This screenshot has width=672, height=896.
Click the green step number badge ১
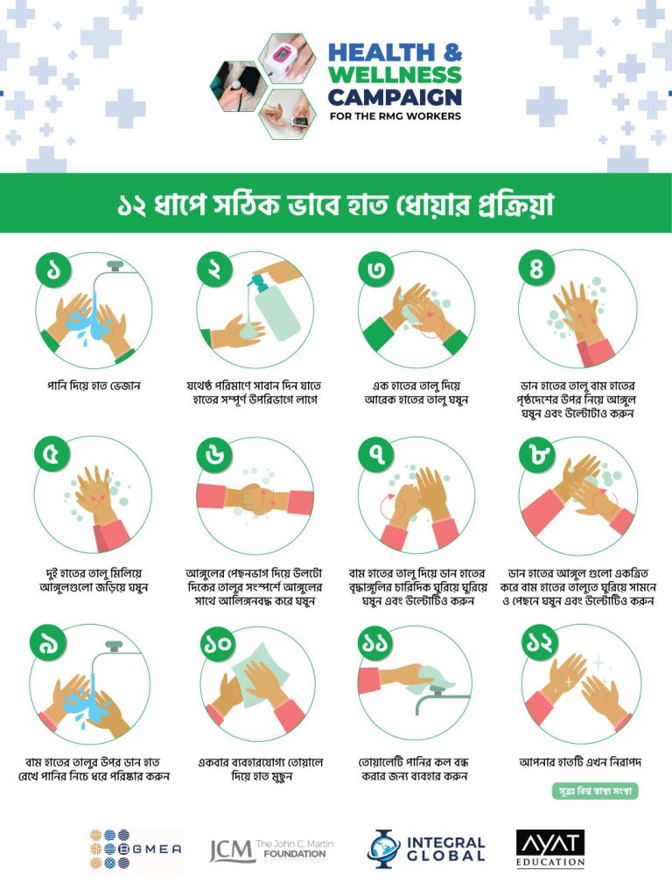(x=53, y=269)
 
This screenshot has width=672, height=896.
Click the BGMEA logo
(x=136, y=849)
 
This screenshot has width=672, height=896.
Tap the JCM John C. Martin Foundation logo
(x=271, y=850)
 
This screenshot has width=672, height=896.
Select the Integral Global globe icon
(x=384, y=849)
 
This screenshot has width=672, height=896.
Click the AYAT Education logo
(x=550, y=849)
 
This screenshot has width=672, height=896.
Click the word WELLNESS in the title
(x=395, y=75)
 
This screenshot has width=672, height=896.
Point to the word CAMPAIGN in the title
(x=395, y=97)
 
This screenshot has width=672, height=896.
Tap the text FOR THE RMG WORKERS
(x=395, y=116)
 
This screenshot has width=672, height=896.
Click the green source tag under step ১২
(x=595, y=791)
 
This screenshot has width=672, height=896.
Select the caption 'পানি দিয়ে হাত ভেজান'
(x=93, y=386)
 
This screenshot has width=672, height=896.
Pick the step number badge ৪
(x=536, y=268)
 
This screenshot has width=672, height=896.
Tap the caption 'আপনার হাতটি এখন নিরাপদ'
(x=580, y=762)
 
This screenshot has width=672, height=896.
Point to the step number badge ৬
(x=214, y=455)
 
